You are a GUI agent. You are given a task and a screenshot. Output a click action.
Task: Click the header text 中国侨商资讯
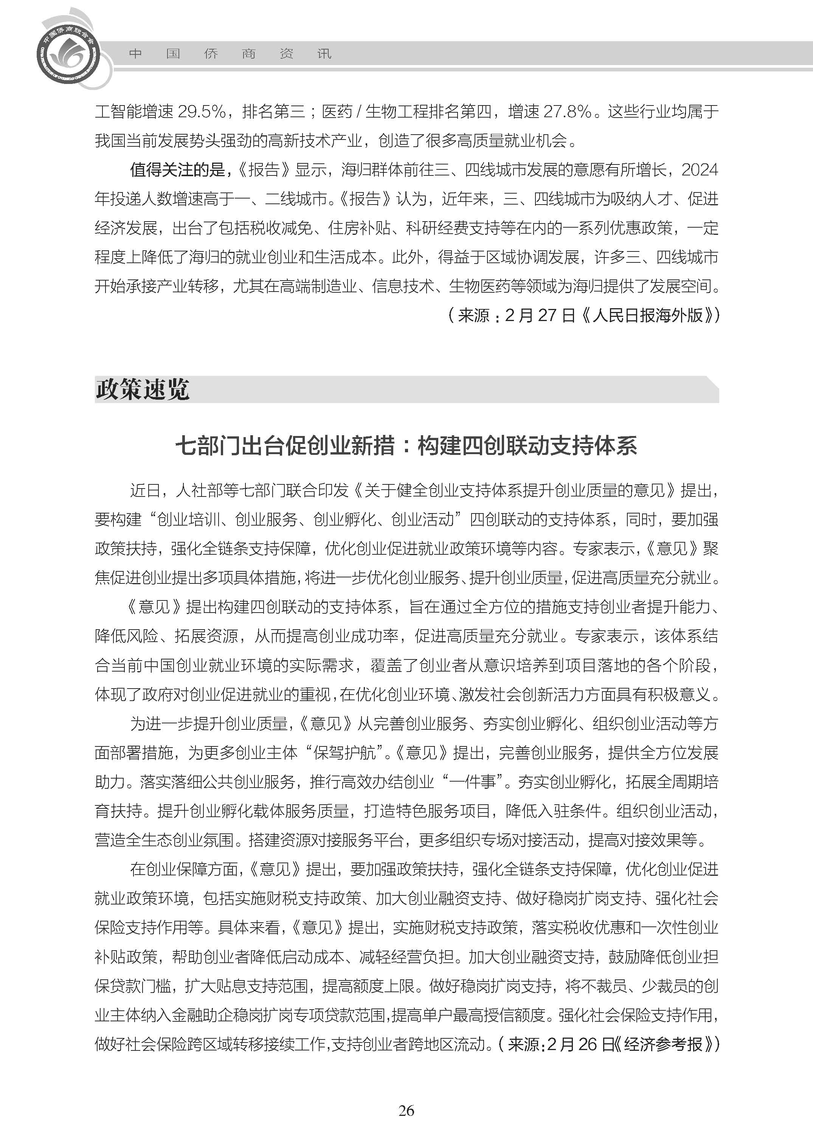[x=230, y=54]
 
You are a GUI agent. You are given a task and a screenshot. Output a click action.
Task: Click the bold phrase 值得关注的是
[x=177, y=170]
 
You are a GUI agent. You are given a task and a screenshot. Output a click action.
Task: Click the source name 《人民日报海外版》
[x=648, y=315]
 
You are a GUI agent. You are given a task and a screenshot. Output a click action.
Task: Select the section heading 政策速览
[x=143, y=389]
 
